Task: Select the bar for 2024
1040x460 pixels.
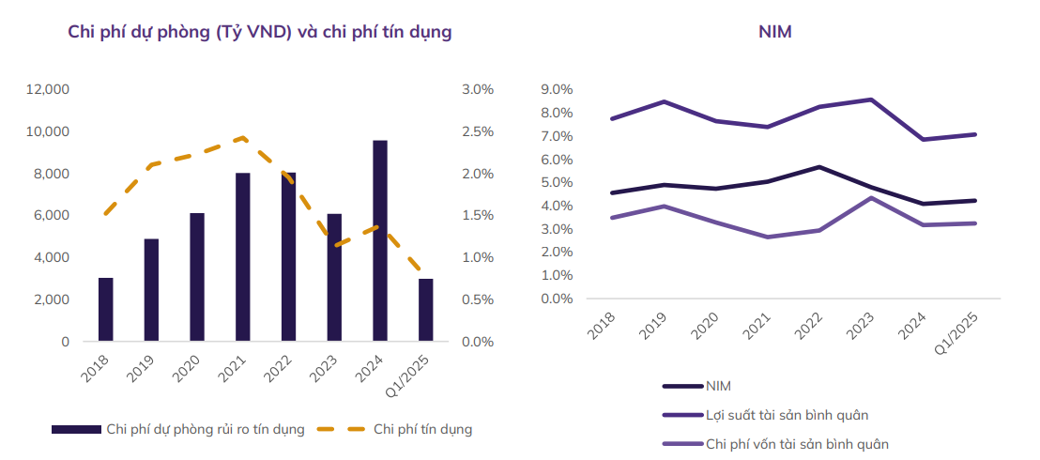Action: click(380, 240)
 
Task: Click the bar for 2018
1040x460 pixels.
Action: click(106, 310)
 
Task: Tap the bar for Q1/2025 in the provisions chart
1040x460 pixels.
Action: click(426, 310)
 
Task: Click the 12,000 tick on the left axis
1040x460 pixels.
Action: click(48, 89)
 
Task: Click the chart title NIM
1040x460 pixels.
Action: click(775, 32)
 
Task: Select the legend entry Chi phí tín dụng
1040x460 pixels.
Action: click(422, 429)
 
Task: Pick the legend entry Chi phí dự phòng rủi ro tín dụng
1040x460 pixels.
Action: click(206, 429)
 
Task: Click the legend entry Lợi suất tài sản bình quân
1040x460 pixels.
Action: click(792, 414)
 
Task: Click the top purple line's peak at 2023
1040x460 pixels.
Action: click(872, 100)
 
